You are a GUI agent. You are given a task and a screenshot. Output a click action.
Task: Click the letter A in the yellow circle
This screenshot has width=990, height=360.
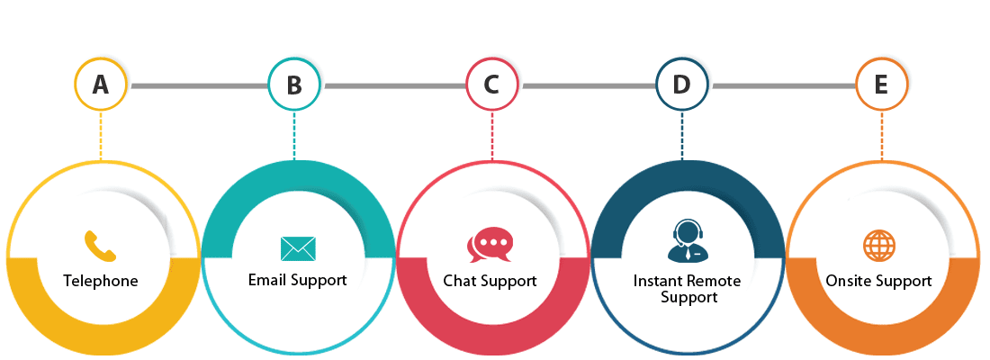[101, 85]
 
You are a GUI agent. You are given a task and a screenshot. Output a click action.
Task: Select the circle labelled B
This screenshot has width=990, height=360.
[294, 86]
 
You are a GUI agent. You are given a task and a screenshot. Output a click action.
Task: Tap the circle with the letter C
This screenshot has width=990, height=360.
[491, 85]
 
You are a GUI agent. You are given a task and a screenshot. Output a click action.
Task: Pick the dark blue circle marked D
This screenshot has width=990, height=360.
[681, 85]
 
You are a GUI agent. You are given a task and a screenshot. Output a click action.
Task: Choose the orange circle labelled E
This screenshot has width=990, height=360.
[881, 85]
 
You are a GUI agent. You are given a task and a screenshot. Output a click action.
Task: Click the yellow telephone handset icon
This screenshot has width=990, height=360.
[100, 246]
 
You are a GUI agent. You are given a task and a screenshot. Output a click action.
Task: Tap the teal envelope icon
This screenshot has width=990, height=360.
[298, 248]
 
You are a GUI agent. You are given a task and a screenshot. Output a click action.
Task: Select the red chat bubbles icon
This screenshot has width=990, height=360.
[490, 245]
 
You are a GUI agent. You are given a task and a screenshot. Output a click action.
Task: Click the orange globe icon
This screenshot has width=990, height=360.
[878, 245]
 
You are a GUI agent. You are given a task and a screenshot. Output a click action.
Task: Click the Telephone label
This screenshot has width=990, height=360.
[101, 281]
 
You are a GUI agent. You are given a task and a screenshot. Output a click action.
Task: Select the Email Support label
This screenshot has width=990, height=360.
[297, 280]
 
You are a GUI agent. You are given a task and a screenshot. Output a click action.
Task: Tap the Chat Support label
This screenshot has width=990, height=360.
[490, 281]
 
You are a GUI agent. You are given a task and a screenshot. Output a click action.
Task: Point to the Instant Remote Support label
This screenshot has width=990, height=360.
[688, 289]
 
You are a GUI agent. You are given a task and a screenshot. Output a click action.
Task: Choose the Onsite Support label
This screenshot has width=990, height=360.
[878, 281]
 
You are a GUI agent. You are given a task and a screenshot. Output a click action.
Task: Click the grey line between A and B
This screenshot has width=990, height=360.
[199, 86]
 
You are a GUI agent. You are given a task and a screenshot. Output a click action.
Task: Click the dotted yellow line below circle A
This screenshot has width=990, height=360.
[101, 135]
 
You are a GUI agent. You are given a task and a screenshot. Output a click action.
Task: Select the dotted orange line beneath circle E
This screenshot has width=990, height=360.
[882, 135]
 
